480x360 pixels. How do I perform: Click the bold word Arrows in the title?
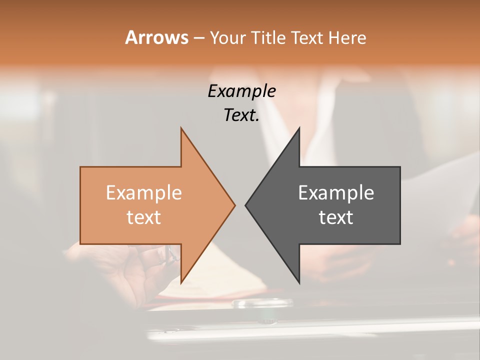coord(156,37)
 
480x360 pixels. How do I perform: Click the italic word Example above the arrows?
coord(242,91)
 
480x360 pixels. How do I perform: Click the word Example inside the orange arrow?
coord(144,193)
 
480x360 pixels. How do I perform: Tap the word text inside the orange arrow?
coord(144,217)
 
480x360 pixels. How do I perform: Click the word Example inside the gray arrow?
coord(336,193)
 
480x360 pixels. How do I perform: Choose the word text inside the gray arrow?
coord(336,217)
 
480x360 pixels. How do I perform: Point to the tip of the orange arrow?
coord(234,205)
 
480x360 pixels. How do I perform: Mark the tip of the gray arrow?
coord(245,205)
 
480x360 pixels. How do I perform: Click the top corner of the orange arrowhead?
coord(181,128)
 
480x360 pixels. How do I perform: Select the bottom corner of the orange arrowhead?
coord(181,282)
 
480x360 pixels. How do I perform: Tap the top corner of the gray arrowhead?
coord(299,128)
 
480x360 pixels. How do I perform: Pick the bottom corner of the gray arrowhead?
coord(299,282)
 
